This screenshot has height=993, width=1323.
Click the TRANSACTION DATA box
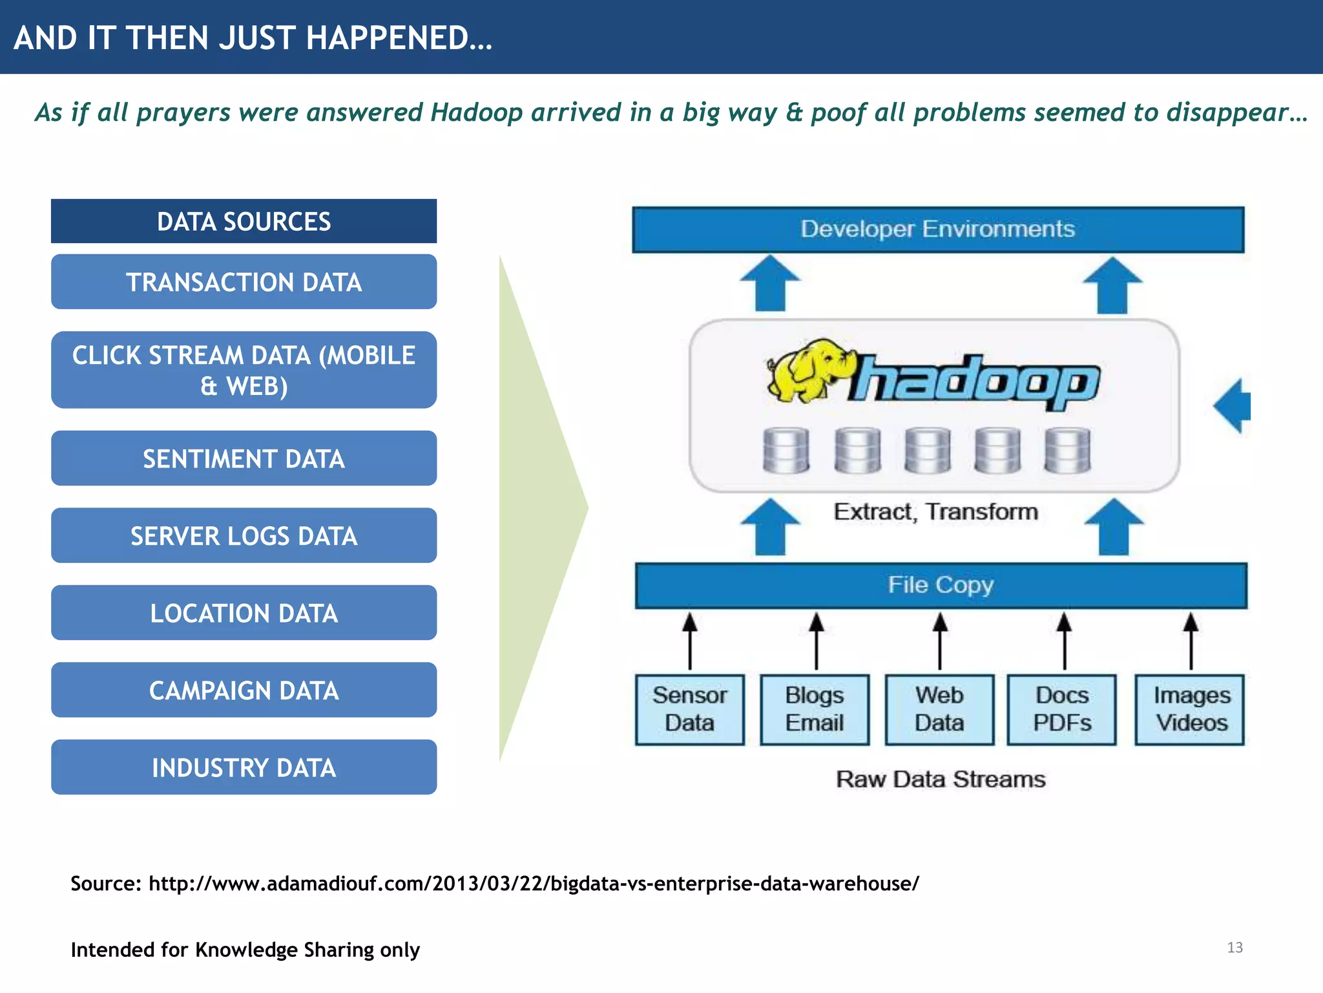point(244,282)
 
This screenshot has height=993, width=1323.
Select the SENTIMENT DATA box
point(244,458)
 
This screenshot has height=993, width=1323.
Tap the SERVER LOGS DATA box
point(244,536)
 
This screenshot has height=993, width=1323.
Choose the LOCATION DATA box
point(244,613)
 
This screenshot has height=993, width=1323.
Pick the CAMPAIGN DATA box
point(244,690)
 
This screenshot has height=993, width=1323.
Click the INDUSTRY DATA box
point(244,767)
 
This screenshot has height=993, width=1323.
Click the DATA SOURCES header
point(244,222)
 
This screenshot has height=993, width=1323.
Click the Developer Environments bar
point(937,230)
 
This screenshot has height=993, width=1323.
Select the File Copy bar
point(941,586)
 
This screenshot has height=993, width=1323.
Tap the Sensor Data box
point(689,710)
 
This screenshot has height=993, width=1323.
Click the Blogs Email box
point(815,710)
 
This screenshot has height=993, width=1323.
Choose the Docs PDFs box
point(1062,710)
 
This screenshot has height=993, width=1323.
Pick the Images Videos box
point(1190,710)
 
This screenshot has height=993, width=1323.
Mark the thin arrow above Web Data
point(940,641)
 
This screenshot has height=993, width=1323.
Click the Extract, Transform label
point(935,512)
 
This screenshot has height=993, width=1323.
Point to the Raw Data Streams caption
point(940,780)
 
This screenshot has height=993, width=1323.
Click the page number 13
point(1234,948)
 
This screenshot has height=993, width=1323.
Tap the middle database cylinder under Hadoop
point(927,451)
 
